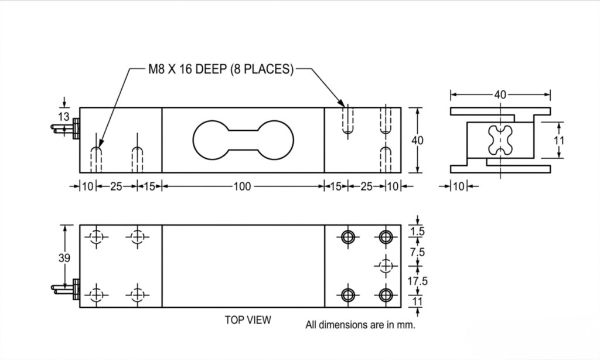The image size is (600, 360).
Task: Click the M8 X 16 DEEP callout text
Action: click(220, 69)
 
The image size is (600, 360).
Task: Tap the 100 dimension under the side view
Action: click(241, 186)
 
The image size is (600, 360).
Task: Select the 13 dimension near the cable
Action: click(64, 116)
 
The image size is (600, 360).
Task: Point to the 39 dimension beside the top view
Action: click(64, 258)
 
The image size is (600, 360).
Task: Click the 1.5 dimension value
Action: click(417, 232)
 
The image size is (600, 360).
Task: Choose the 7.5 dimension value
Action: click(418, 252)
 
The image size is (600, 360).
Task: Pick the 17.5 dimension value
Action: click(418, 281)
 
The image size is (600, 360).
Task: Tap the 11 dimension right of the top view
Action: click(417, 301)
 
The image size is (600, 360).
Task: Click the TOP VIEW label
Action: click(248, 320)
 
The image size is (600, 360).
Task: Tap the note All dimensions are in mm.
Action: click(360, 325)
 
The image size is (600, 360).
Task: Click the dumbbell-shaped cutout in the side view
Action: click(241, 140)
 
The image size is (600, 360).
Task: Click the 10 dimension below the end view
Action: click(458, 186)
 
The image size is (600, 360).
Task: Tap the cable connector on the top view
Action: click(74, 289)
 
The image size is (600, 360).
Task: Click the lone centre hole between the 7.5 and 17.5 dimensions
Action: click(385, 266)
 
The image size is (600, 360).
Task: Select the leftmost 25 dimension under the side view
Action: click(116, 186)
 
